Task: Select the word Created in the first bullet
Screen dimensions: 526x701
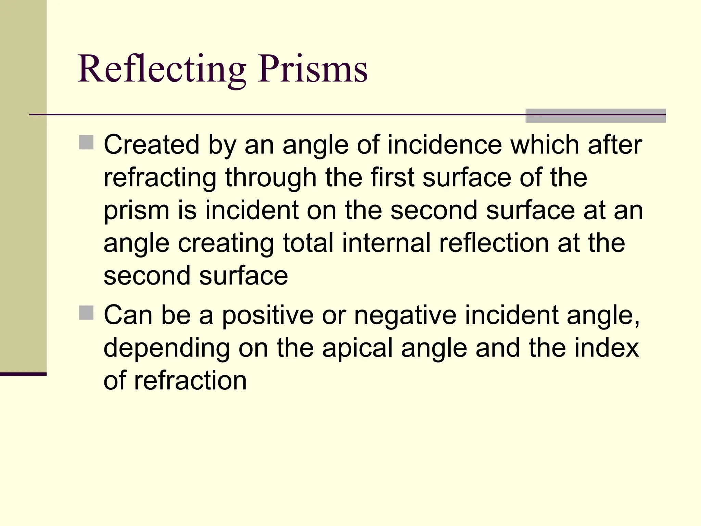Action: click(x=151, y=145)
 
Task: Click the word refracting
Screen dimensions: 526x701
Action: click(x=160, y=178)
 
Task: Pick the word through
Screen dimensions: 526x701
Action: click(x=271, y=178)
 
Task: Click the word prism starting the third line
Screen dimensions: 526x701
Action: click(x=137, y=211)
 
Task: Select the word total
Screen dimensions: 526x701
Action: click(x=308, y=243)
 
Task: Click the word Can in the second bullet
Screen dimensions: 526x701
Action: click(x=128, y=315)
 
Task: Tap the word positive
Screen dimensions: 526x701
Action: click(x=268, y=315)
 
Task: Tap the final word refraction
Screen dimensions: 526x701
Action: click(x=190, y=380)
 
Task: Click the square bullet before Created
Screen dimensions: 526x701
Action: click(x=86, y=142)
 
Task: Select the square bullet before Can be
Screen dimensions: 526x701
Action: click(x=86, y=313)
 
